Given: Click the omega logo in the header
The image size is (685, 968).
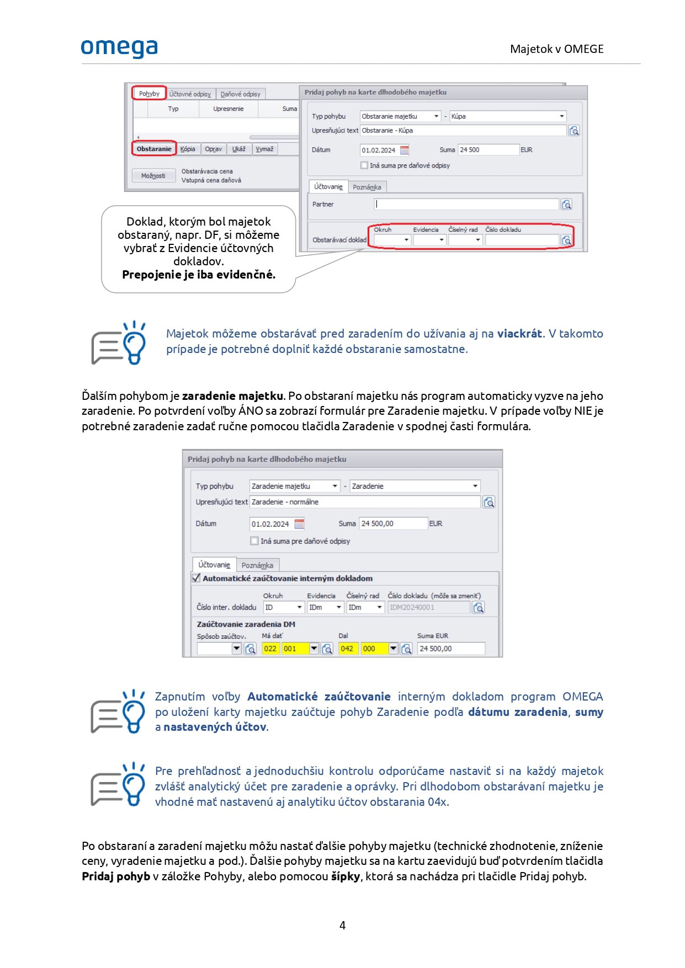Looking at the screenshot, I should point(119,48).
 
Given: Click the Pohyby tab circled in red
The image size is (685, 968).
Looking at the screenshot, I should point(149,93).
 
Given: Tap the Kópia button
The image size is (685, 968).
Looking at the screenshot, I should point(188,149).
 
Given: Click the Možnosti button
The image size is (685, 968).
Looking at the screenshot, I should point(153,175).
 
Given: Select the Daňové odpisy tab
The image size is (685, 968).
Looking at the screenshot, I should point(240,94).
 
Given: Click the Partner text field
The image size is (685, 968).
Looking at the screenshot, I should point(466,204).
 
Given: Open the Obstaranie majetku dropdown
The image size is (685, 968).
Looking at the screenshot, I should point(400,116).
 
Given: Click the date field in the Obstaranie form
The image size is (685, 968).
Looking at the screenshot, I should point(379,150).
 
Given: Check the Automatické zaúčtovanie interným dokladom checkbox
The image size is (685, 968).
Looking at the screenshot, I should point(196,578).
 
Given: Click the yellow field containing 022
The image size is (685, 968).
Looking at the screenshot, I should point(270,649).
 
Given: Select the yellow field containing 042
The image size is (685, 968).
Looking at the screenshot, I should point(347,649).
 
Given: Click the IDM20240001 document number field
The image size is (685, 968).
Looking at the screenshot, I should point(428,607).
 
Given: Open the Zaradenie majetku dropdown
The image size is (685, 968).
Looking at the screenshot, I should point(294,486).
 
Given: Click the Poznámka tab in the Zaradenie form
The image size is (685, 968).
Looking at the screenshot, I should point(257,565).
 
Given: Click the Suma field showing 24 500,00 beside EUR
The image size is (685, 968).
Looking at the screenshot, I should point(393,523).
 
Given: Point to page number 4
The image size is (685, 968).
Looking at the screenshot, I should point(342,926).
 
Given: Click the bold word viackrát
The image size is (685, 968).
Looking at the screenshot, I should point(519,333).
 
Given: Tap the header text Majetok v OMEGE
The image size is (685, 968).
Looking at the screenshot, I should point(556,49).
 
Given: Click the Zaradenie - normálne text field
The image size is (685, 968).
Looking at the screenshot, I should point(364,502).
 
